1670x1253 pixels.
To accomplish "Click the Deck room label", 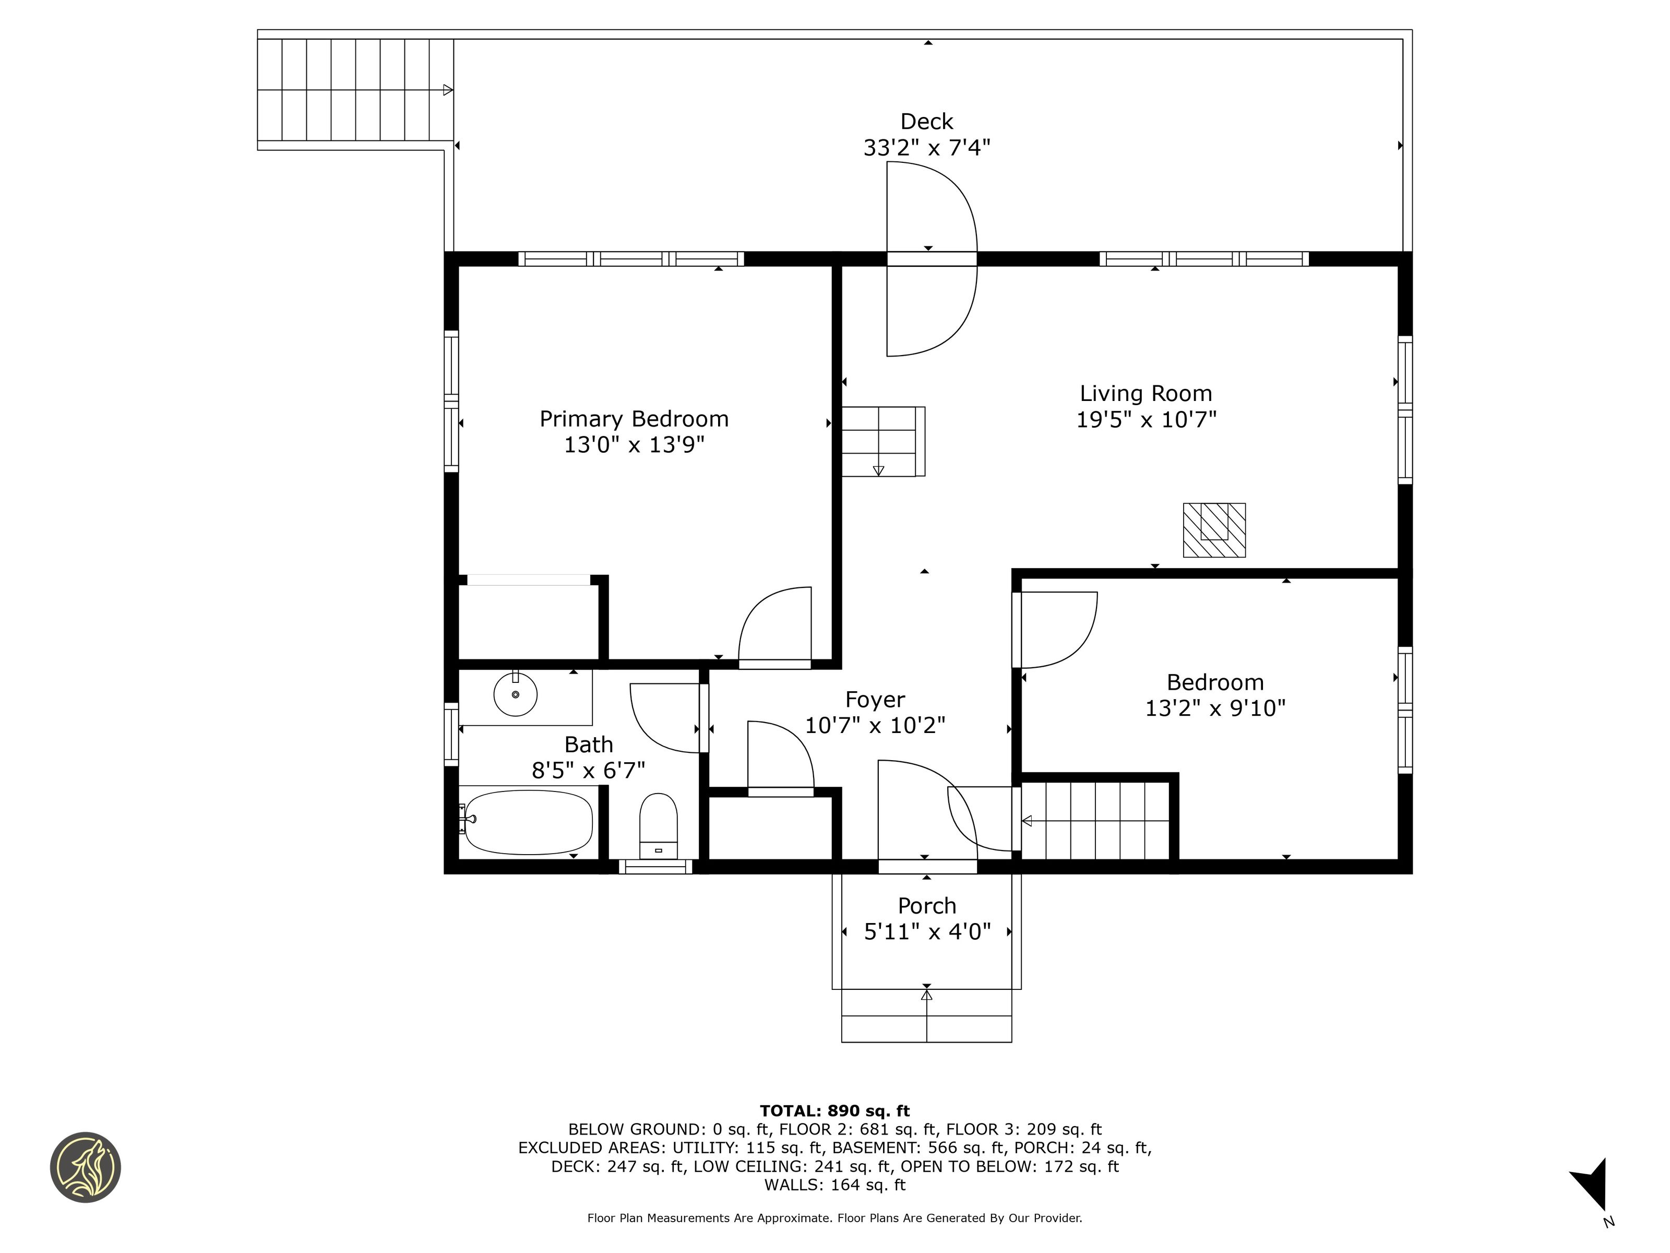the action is pyautogui.click(x=926, y=122).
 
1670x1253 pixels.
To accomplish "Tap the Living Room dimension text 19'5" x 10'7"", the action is pyautogui.click(x=1146, y=419).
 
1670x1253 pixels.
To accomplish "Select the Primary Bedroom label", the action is pyautogui.click(x=634, y=419).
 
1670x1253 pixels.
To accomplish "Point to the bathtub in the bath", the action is pyautogui.click(x=529, y=822).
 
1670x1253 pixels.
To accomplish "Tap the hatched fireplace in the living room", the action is pyautogui.click(x=1214, y=530).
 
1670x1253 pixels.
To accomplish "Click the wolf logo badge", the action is pyautogui.click(x=85, y=1167).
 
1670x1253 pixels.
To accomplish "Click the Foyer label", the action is pyautogui.click(x=875, y=700).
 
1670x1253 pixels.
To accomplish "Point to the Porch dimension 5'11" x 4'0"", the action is pyautogui.click(x=927, y=932).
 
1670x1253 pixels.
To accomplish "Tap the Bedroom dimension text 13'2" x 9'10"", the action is pyautogui.click(x=1215, y=708).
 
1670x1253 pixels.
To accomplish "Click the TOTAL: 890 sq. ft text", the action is pyautogui.click(x=835, y=1111).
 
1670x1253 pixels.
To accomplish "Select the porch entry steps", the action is pyautogui.click(x=926, y=1016).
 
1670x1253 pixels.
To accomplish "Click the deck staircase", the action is pyautogui.click(x=355, y=90).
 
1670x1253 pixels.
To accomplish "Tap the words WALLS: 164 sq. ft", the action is pyautogui.click(x=835, y=1185).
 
